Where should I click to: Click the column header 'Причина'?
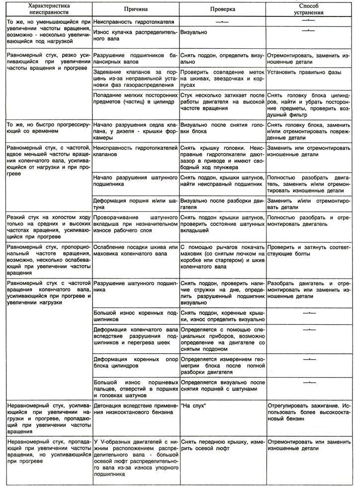point(134,9)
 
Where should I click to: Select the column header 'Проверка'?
point(222,9)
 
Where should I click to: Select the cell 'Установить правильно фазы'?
point(303,73)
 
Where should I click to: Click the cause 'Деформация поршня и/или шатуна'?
point(134,204)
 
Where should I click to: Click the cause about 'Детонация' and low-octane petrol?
point(134,409)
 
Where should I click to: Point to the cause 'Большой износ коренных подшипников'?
point(134,315)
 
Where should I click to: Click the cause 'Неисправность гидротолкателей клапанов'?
point(134,151)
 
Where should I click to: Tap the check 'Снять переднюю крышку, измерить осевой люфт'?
point(222,445)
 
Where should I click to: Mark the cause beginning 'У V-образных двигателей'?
point(134,458)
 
